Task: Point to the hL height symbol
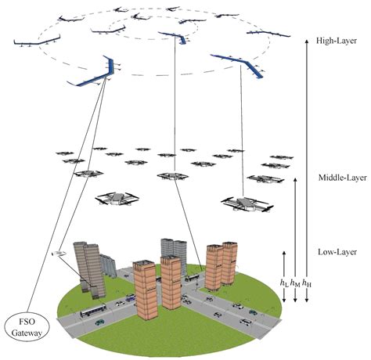(x=283, y=281)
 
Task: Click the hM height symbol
(x=294, y=281)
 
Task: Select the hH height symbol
(x=306, y=281)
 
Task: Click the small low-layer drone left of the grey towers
(x=58, y=253)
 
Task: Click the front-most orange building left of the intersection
(x=147, y=289)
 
